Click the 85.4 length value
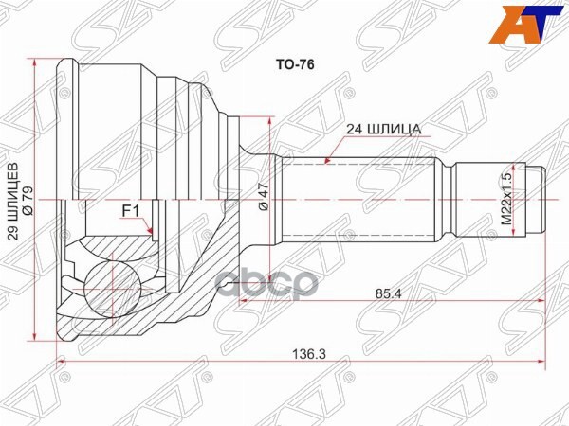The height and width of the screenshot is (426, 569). (x=383, y=293)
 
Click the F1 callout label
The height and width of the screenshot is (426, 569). (x=131, y=210)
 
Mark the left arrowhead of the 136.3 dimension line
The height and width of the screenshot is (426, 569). (x=63, y=361)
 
